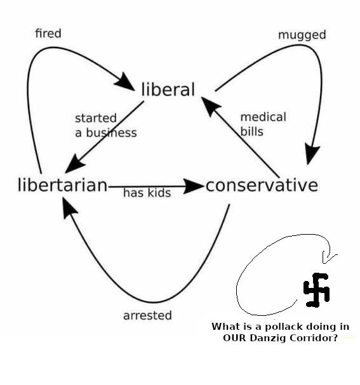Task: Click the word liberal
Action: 168,89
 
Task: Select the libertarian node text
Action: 63,185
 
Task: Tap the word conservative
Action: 262,185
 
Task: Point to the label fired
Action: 48,33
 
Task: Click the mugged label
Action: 302,36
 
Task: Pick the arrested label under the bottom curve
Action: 147,315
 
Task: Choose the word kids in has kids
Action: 159,193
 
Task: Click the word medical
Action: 263,117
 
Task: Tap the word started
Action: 96,118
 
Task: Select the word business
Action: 111,133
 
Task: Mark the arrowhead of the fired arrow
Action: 125,82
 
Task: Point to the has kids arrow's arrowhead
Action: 194,186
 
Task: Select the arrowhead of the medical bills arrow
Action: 210,107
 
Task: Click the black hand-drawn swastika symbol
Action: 316,290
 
